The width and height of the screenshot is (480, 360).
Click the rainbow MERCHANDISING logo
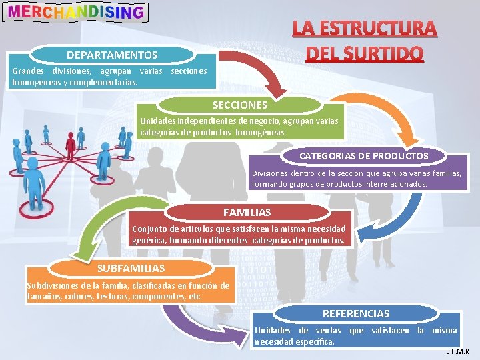pyautogui.click(x=75, y=11)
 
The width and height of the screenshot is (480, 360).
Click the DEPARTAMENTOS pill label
pyautogui.click(x=112, y=55)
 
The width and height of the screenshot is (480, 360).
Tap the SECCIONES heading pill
pyautogui.click(x=240, y=105)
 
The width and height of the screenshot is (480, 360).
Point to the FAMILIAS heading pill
pyautogui.click(x=247, y=212)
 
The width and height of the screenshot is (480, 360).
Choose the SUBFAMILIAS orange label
pyautogui.click(x=131, y=268)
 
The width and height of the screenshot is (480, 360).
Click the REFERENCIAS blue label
pyautogui.click(x=356, y=313)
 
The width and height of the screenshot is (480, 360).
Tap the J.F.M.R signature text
pyautogui.click(x=458, y=351)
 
